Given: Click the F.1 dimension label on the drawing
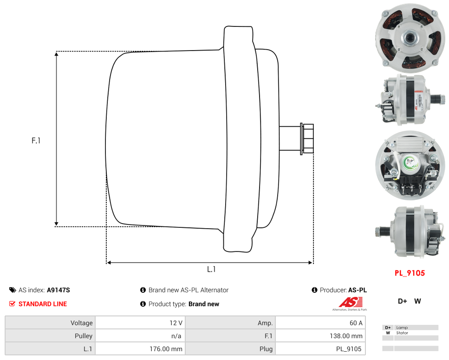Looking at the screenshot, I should pyautogui.click(x=36, y=140).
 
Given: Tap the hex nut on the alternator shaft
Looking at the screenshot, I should pyautogui.click(x=307, y=139).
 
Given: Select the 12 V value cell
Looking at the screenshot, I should pyautogui.click(x=140, y=323).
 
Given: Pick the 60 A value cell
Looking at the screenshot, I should pyautogui.click(x=320, y=323).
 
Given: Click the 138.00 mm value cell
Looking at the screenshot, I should pyautogui.click(x=320, y=336).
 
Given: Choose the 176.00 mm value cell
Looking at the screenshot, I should pyautogui.click(x=140, y=349).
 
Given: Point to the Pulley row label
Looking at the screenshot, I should pyautogui.click(x=50, y=336).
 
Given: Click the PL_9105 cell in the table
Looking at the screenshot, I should pyautogui.click(x=320, y=349).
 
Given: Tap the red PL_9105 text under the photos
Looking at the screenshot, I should pyautogui.click(x=410, y=273).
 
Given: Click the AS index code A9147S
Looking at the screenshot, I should pyautogui.click(x=59, y=290).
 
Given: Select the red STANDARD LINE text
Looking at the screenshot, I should pyautogui.click(x=43, y=304).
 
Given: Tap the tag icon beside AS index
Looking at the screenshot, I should pyautogui.click(x=13, y=290).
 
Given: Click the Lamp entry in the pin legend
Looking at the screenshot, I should pyautogui.click(x=402, y=328).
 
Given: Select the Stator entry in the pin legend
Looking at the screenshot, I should pyautogui.click(x=402, y=333).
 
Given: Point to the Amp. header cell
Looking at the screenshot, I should pyautogui.click(x=230, y=323).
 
